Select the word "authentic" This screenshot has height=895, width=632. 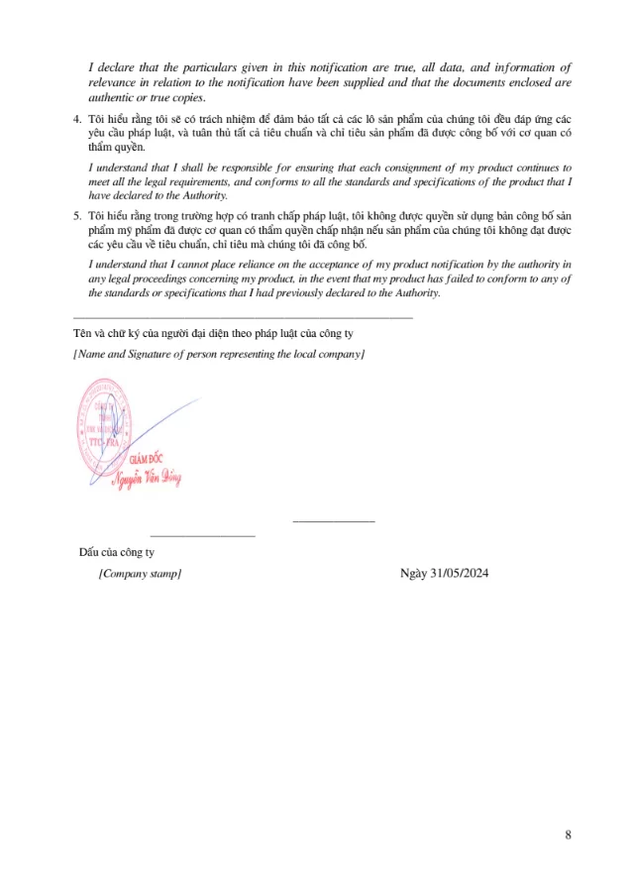click(112, 97)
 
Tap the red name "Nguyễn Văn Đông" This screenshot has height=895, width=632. click(146, 479)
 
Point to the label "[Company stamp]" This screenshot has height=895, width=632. click(140, 574)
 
